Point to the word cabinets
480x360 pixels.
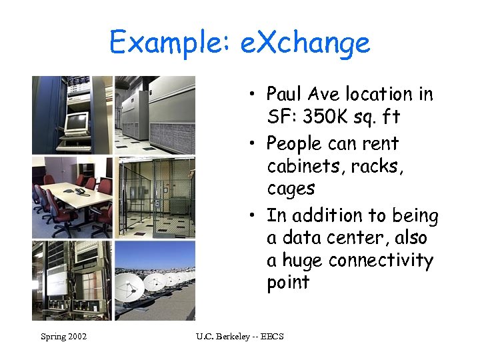(300, 166)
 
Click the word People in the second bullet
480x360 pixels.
(294, 143)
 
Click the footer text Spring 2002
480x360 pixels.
(63, 337)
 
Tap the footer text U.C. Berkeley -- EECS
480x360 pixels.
(240, 337)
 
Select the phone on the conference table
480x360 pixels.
(79, 191)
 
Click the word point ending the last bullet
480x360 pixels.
(288, 283)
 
